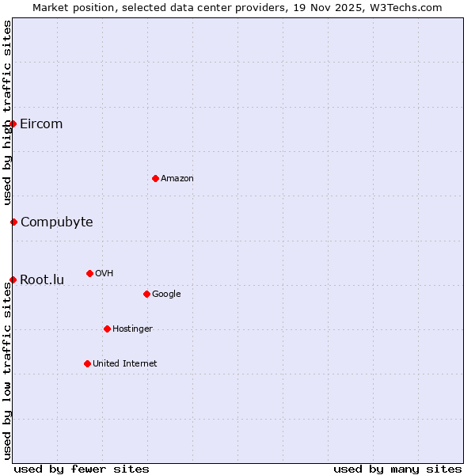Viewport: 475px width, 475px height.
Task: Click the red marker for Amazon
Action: point(155,178)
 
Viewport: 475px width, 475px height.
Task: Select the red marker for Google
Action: point(146,294)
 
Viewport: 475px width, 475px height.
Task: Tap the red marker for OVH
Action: point(89,273)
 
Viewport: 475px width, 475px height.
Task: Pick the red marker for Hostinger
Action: point(107,329)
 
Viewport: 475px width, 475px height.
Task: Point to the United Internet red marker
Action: point(87,363)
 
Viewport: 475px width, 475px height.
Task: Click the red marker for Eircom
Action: point(13,123)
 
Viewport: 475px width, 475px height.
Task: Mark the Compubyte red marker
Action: point(13,222)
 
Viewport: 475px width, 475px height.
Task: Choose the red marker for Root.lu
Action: point(13,279)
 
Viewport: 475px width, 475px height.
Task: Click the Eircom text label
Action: point(41,123)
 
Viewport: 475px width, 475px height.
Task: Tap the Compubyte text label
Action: point(56,222)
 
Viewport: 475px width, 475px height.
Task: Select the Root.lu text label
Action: point(42,279)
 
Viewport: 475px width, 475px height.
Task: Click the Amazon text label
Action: point(177,178)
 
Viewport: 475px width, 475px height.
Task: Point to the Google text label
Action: point(166,294)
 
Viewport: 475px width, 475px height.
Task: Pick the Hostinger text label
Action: point(132,329)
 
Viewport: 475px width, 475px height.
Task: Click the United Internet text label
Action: point(125,363)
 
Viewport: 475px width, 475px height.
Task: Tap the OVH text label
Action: point(104,273)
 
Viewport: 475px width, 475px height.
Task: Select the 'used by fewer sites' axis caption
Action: point(82,469)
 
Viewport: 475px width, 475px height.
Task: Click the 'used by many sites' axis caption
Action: point(397,469)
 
